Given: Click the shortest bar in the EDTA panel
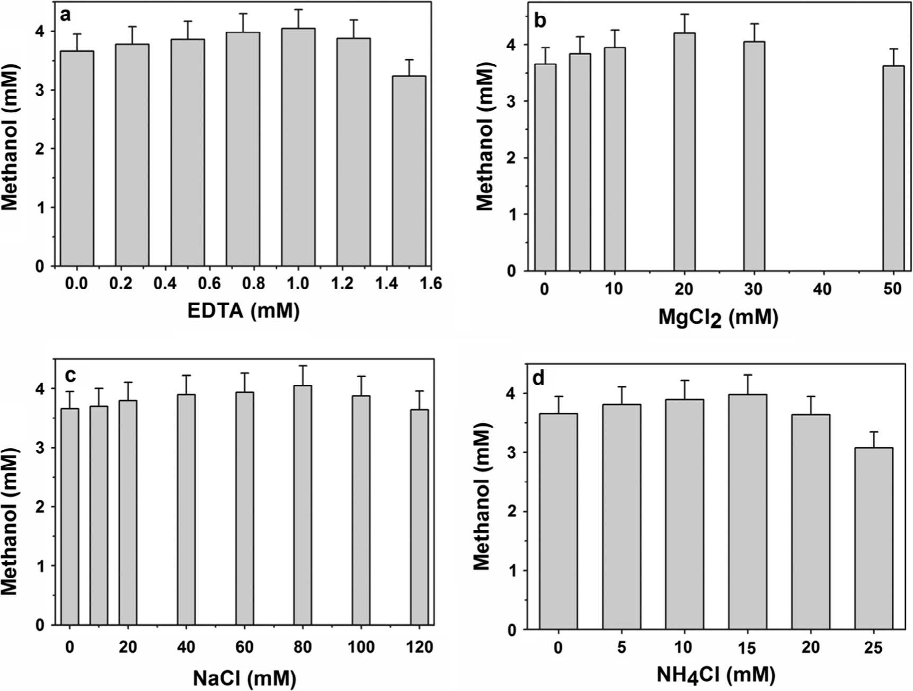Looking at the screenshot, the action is coord(409,171).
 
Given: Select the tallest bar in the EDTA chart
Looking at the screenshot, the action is coord(298,147).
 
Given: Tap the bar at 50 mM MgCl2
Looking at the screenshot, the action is coord(893,168).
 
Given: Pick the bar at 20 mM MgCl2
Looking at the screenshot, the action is coord(684,152).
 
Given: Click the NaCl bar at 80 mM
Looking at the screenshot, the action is coord(303,505).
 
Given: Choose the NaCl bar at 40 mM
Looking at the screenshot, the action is coord(186,510).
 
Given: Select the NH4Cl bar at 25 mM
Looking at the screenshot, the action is coord(873,538).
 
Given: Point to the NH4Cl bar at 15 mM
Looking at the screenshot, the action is coord(747,512).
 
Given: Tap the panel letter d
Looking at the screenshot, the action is coord(538,378).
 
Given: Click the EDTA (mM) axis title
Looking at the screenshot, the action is coord(244,310).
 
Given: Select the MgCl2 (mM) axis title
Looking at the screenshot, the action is coord(718,317).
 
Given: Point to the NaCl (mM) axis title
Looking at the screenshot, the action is coord(244,678).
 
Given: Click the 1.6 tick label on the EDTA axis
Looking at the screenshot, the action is coord(430,284).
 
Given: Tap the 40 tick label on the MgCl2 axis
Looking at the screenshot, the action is coord(822,289).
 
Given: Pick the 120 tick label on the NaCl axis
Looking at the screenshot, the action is coord(419,647).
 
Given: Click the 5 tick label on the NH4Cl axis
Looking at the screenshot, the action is coord(621,648).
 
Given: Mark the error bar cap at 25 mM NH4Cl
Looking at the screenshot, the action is coord(873,432).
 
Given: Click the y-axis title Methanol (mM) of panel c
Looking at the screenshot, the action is coord(10,521).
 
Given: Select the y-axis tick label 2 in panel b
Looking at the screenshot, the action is coord(511,158).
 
